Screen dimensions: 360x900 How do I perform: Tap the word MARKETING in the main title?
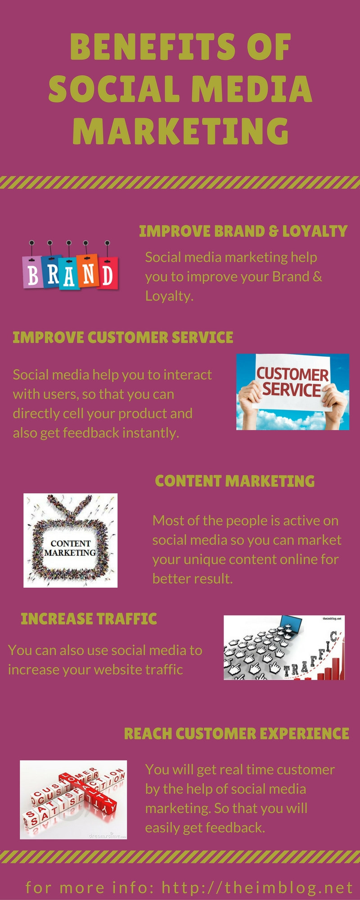coord(180,130)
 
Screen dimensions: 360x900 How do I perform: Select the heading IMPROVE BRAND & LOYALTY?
coord(243,231)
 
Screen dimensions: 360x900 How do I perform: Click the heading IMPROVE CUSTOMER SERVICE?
coord(123,337)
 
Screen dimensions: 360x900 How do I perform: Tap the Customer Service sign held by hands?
coord(292,382)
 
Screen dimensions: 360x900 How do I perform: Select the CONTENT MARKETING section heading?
coord(234,481)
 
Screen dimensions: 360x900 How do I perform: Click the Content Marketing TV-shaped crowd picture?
coord(71,540)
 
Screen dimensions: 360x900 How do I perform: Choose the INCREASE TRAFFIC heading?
coord(89,619)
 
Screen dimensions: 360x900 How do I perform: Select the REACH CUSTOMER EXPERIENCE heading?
coord(237,733)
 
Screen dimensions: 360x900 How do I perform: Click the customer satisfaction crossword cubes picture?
coord(73,800)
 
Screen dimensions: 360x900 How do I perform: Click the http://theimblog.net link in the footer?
coord(257,887)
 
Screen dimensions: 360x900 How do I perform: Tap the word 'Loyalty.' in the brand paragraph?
coord(169,296)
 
